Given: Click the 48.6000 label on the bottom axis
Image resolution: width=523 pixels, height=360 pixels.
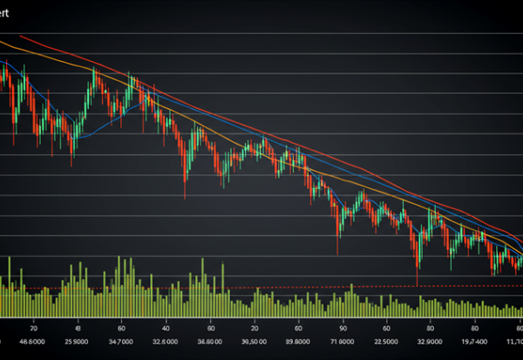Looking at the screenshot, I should click(x=33, y=343).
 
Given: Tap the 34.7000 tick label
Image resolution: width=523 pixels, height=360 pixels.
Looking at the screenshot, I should click(x=121, y=343).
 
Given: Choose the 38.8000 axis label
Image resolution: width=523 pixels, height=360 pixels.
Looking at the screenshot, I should click(x=210, y=343).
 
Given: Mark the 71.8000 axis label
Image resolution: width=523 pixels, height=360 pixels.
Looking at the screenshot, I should click(x=343, y=343).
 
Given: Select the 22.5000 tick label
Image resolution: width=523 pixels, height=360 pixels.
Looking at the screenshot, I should click(x=385, y=343).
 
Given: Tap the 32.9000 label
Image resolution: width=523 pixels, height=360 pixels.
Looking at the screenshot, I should click(x=430, y=343).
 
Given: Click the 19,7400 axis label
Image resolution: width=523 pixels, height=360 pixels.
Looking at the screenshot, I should click(x=473, y=343).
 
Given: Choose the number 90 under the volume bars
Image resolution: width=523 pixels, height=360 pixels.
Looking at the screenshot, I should click(x=343, y=328).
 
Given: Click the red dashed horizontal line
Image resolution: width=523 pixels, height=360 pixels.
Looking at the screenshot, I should click(x=261, y=287).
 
